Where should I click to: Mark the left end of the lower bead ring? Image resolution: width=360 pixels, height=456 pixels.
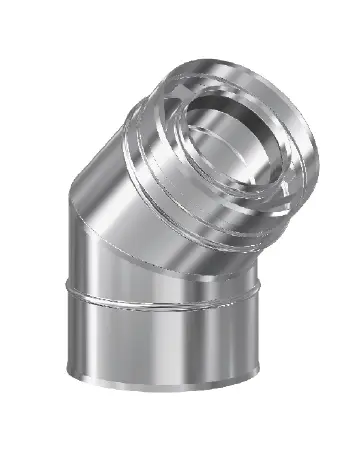click(x=87, y=292)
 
